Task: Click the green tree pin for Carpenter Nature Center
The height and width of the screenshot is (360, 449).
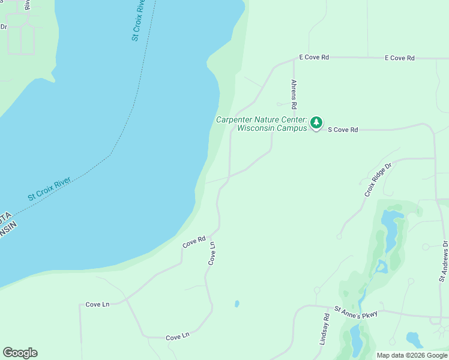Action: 316,123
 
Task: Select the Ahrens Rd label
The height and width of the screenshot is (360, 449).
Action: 294,94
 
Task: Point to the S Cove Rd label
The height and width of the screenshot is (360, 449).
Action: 343,130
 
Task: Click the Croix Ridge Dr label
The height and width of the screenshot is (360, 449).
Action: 377,179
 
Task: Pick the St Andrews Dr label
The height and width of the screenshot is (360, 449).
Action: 444,261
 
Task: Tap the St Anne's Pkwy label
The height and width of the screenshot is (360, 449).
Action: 355,312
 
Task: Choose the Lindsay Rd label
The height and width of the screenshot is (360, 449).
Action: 326,328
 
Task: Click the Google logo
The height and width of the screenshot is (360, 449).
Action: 20,353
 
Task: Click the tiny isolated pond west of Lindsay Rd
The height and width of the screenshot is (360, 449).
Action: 237,304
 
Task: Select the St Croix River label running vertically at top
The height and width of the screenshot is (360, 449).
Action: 139,20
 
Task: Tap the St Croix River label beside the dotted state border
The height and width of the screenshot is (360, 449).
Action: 49,188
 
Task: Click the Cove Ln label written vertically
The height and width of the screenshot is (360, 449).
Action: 211,253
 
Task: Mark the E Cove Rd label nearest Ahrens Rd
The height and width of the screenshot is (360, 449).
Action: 314,58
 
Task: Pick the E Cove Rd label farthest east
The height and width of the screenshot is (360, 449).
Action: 399,58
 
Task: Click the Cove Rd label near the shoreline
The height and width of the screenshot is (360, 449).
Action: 194,242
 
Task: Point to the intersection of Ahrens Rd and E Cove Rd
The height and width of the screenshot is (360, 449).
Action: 292,58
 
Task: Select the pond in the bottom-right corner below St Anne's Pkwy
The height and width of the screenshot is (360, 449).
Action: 414,340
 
